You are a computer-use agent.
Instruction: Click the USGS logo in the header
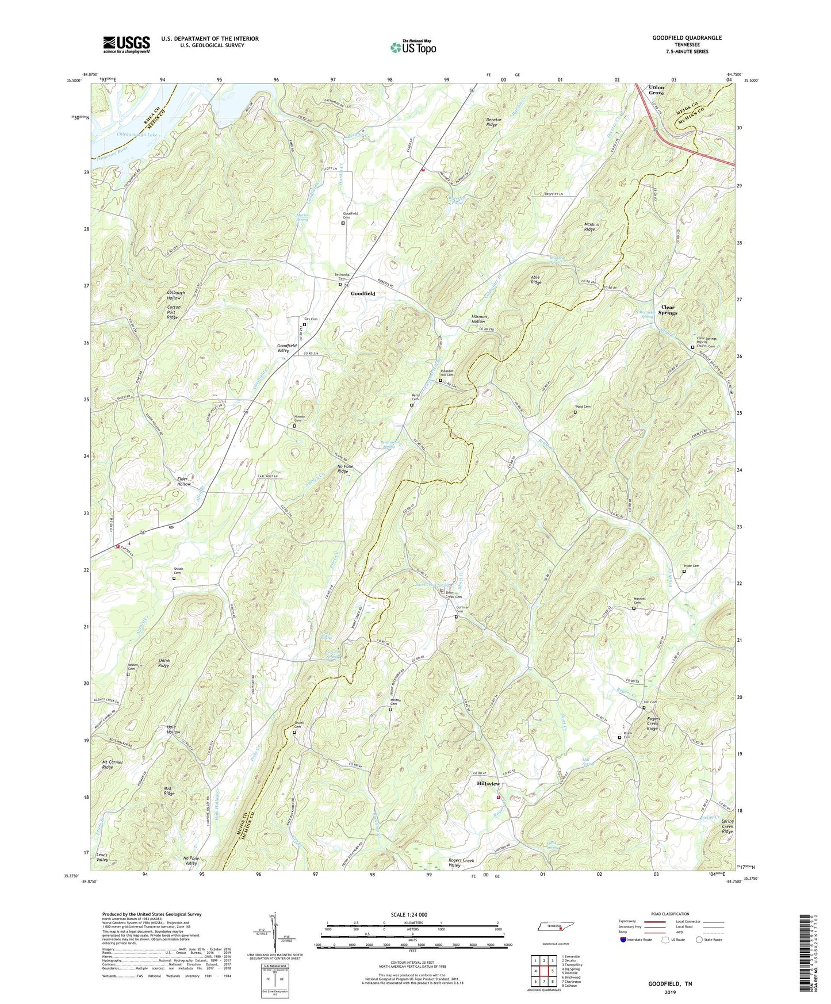pos(127,44)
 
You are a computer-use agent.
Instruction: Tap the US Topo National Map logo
pos(413,47)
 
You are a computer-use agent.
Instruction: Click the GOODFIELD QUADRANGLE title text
pos(687,38)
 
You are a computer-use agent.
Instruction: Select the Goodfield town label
pos(363,293)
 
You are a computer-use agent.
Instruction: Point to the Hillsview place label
pos(488,784)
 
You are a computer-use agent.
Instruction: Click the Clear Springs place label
pos(668,310)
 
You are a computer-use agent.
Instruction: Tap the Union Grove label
pos(656,90)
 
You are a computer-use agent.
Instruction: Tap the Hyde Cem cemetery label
pos(691,566)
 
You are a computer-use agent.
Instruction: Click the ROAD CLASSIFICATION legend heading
pos(669,914)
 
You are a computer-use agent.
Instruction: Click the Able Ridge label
pos(535,279)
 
